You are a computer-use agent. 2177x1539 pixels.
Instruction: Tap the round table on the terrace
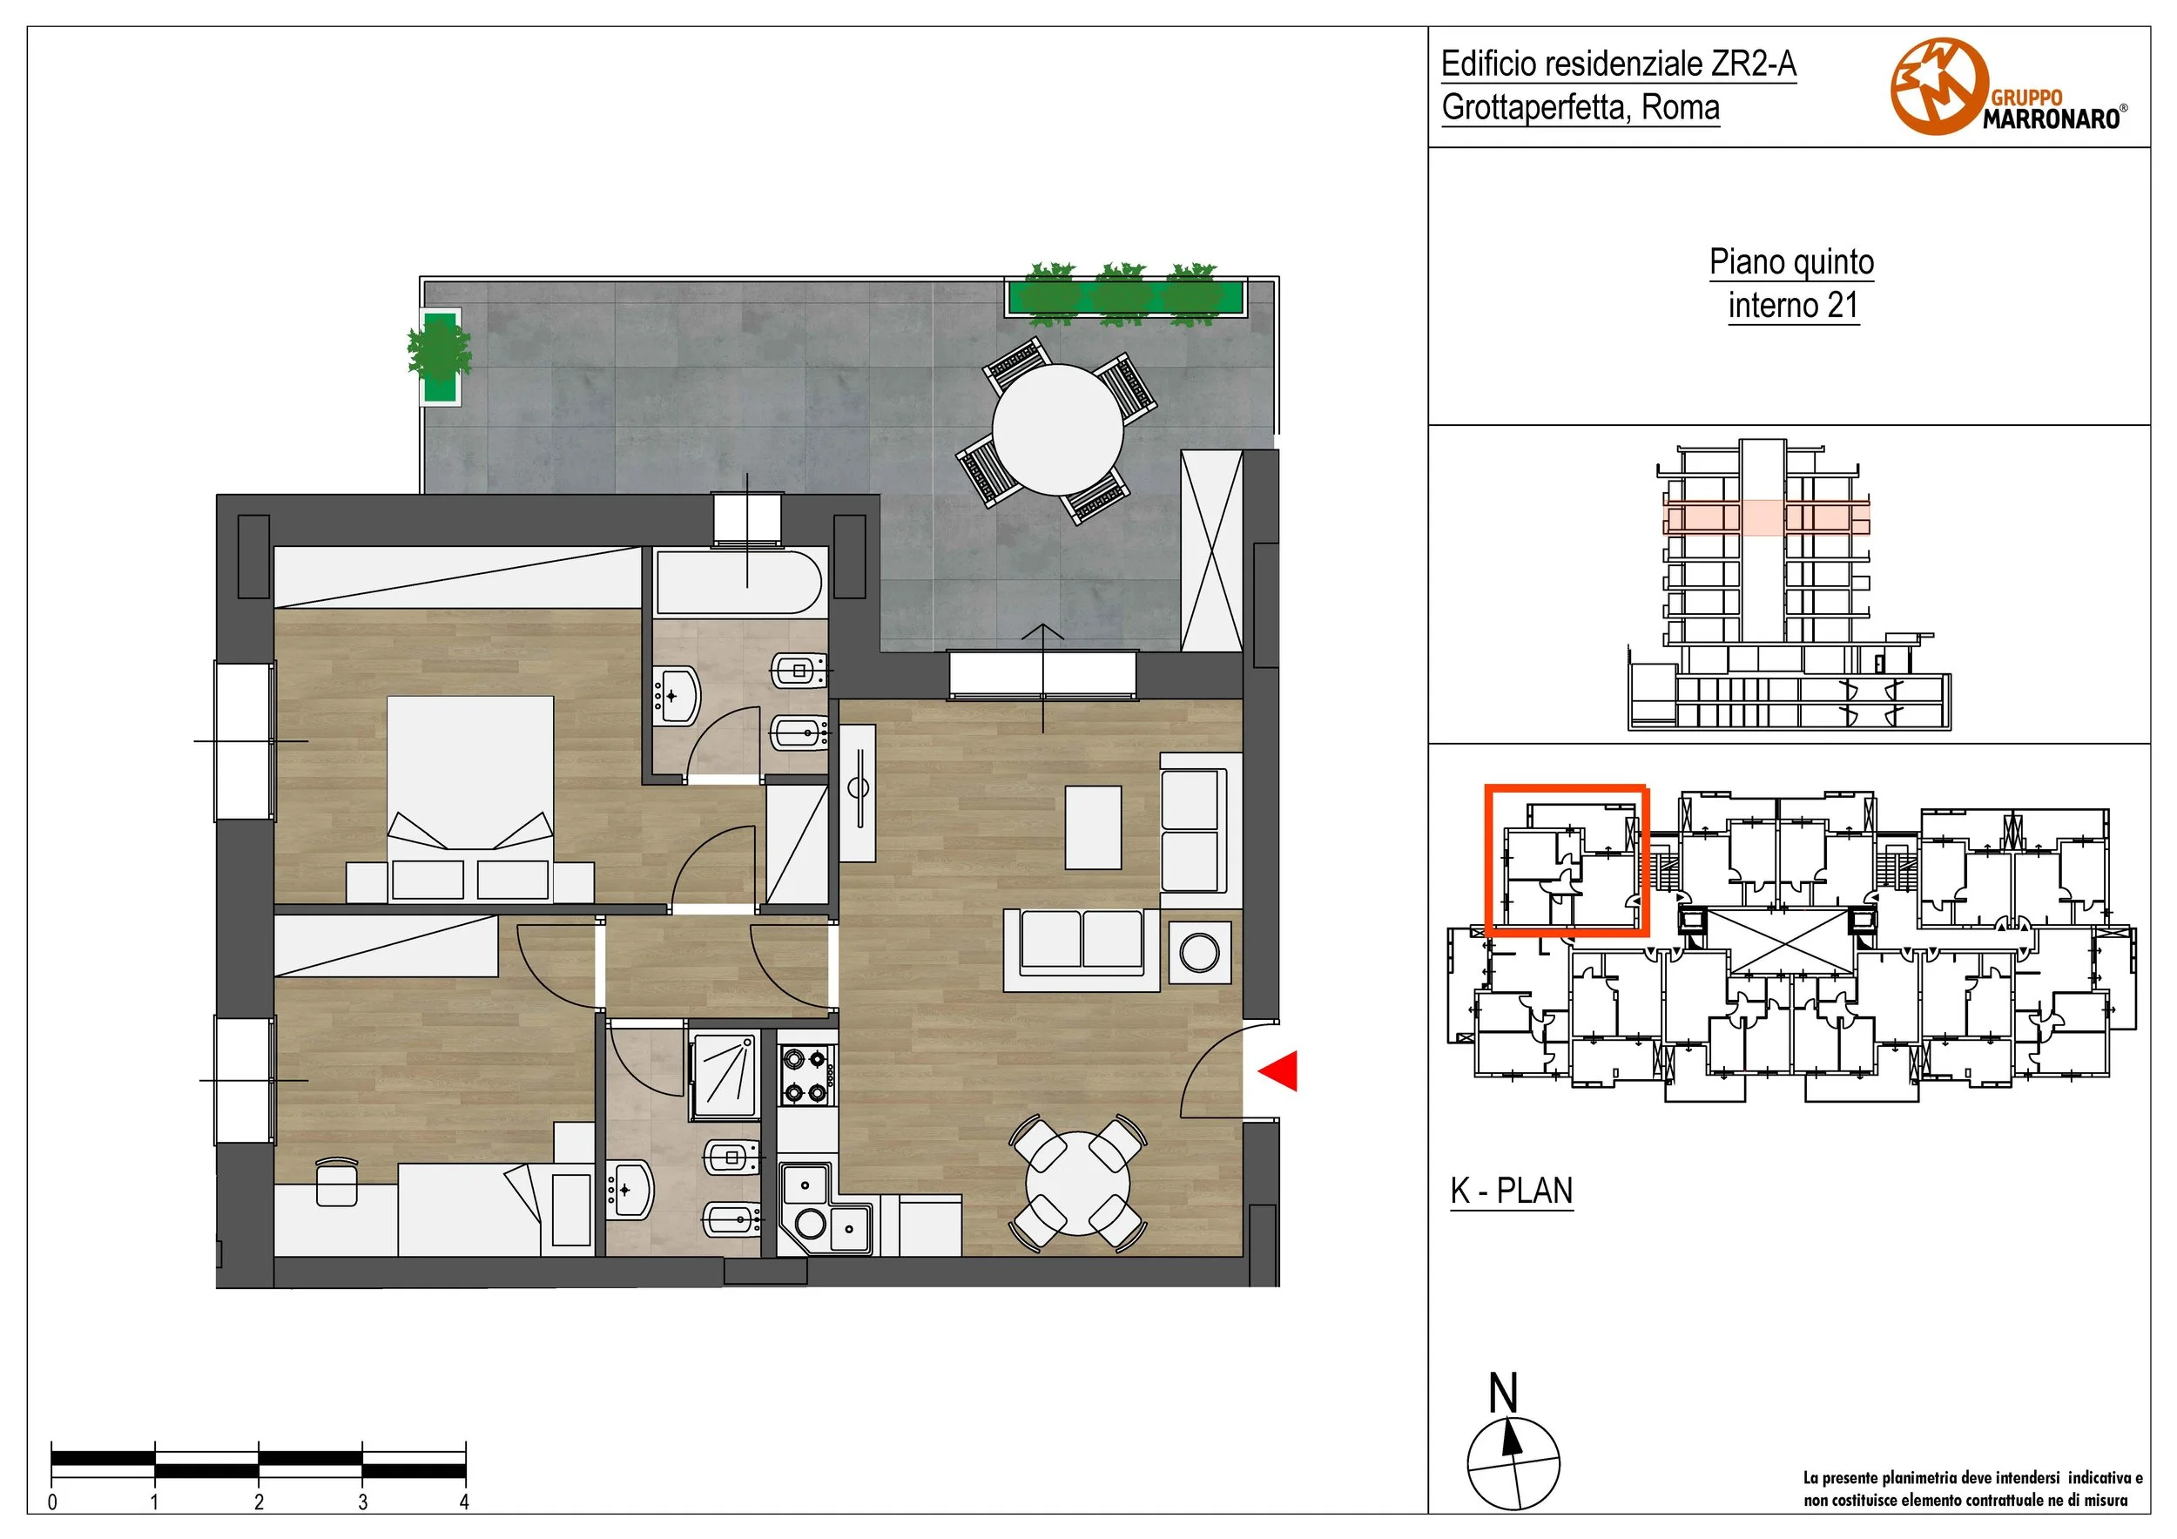pyautogui.click(x=1057, y=429)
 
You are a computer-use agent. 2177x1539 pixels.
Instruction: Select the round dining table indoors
pyautogui.click(x=1078, y=1184)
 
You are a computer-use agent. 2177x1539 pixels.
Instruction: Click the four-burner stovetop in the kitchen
pyautogui.click(x=807, y=1076)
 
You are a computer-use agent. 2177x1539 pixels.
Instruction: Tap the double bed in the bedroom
pyautogui.click(x=470, y=798)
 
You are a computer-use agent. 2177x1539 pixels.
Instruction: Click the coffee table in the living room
pyautogui.click(x=1093, y=827)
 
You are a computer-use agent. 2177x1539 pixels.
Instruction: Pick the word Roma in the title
pyautogui.click(x=1680, y=107)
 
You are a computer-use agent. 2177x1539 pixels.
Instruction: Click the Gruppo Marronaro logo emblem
pyautogui.click(x=1939, y=87)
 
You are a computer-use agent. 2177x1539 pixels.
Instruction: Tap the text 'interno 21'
pyautogui.click(x=1792, y=306)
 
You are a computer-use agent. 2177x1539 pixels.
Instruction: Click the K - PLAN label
pyautogui.click(x=1512, y=1191)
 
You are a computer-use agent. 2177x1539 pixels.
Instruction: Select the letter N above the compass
pyautogui.click(x=1504, y=1394)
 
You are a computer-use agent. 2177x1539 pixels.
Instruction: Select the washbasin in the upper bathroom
pyautogui.click(x=674, y=695)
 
